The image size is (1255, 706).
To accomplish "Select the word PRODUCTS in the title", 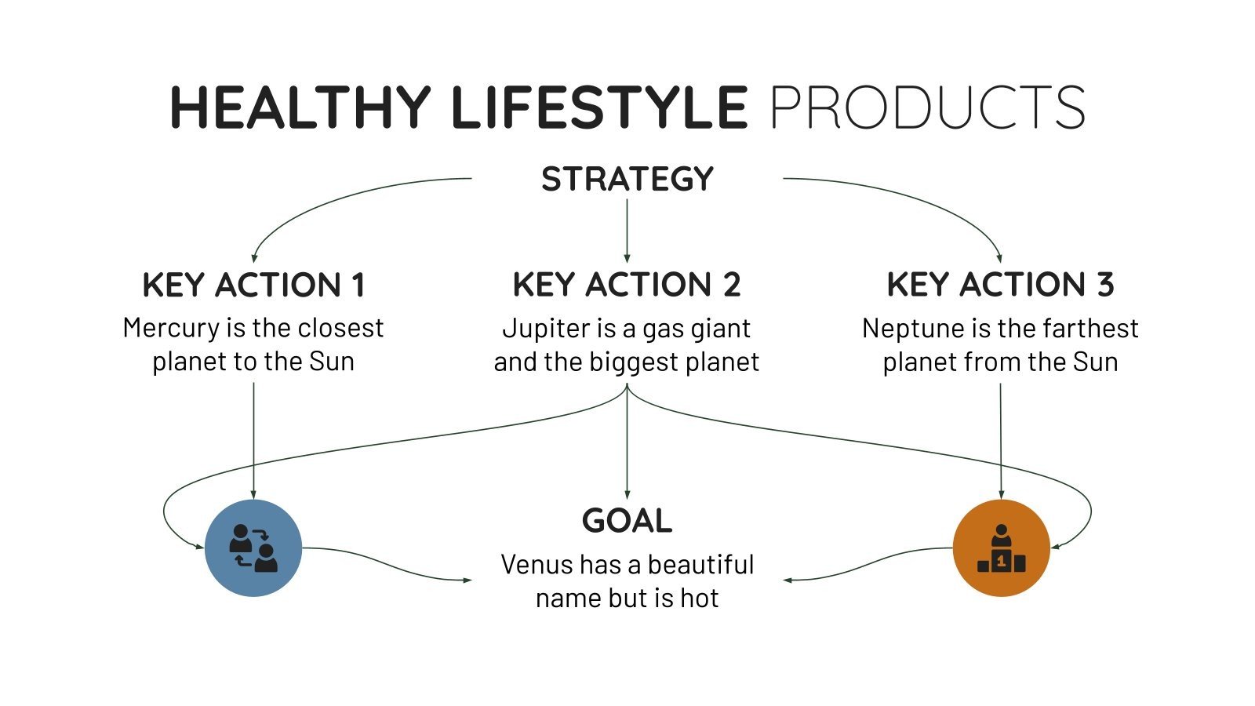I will [x=927, y=107].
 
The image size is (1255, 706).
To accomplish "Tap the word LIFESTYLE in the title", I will [x=599, y=107].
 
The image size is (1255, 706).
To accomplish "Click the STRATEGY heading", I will [x=627, y=180].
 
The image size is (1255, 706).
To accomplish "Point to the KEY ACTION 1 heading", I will [x=253, y=285].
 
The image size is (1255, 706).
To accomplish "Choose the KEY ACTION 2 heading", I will [x=627, y=285].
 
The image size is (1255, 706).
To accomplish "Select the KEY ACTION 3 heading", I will [x=1000, y=285].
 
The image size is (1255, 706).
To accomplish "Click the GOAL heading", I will [x=627, y=521].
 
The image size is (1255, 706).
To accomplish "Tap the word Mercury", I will [x=171, y=328].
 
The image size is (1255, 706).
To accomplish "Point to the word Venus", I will [x=530, y=565].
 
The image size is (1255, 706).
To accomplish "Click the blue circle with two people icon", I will [x=253, y=548].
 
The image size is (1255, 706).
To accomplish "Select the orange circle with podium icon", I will [x=1001, y=548].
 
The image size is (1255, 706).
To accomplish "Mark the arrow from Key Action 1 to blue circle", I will [x=253, y=439].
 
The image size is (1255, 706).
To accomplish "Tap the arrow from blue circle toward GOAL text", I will [x=392, y=566].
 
